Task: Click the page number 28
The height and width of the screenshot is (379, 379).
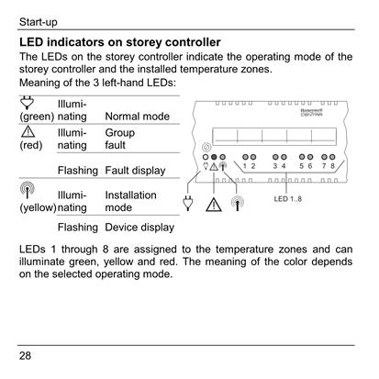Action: pyautogui.click(x=25, y=355)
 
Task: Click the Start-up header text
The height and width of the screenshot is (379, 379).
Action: pyautogui.click(x=39, y=22)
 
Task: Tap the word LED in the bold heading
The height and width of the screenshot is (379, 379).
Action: pyautogui.click(x=31, y=42)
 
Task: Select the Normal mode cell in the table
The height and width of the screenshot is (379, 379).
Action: pyautogui.click(x=137, y=117)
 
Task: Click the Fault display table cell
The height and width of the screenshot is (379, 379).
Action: pyautogui.click(x=135, y=171)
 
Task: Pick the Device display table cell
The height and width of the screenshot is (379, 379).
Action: pyautogui.click(x=139, y=228)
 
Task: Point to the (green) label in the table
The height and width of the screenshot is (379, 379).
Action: pyautogui.click(x=37, y=117)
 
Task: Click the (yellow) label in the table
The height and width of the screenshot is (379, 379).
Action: pyautogui.click(x=38, y=207)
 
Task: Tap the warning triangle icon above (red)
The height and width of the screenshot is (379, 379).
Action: pyautogui.click(x=28, y=132)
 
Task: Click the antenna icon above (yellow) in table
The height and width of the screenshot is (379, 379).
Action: pyautogui.click(x=28, y=190)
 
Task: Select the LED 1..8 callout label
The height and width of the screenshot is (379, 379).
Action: pyautogui.click(x=287, y=199)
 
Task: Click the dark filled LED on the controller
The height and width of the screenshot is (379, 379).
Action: pyautogui.click(x=214, y=157)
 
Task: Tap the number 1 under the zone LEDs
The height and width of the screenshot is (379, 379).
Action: pyautogui.click(x=245, y=166)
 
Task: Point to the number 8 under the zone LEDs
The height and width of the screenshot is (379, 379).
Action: pyautogui.click(x=332, y=166)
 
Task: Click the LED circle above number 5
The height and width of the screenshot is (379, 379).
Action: pyautogui.click(x=302, y=157)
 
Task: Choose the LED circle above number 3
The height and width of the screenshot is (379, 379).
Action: pyautogui.click(x=275, y=157)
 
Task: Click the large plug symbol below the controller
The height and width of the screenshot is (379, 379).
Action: pyautogui.click(x=188, y=203)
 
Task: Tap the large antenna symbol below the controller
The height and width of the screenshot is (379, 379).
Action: pyautogui.click(x=238, y=203)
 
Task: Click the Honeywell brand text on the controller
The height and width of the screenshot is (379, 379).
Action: pyautogui.click(x=311, y=111)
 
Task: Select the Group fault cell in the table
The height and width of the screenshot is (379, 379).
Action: pyautogui.click(x=120, y=139)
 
